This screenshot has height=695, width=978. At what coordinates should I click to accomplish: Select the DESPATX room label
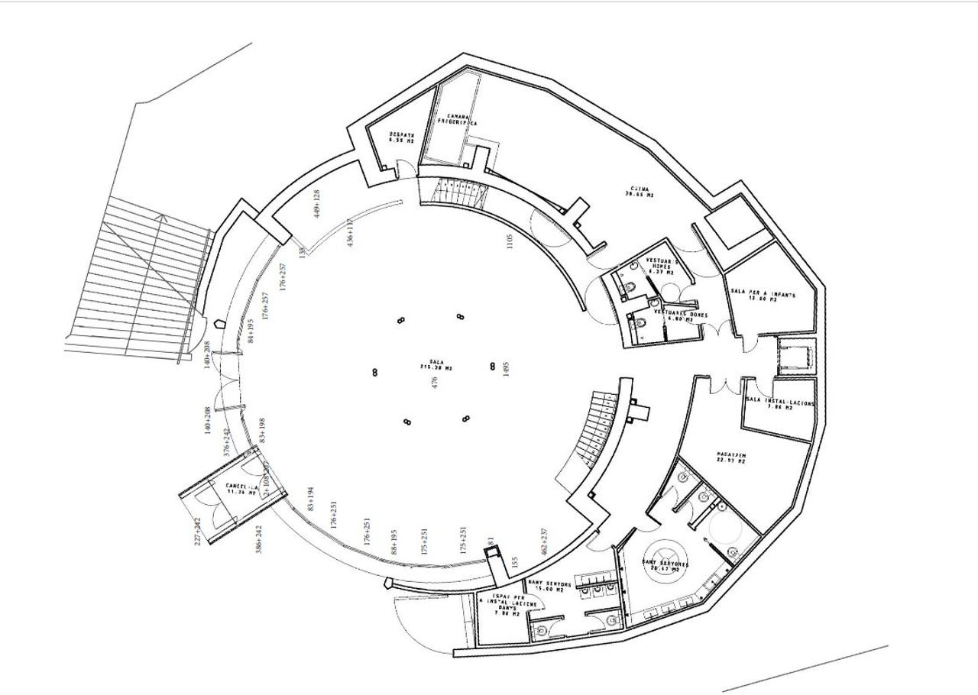400,138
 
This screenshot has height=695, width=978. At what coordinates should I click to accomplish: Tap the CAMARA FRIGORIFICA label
458,119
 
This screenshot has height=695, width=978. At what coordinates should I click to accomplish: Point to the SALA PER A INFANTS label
764,296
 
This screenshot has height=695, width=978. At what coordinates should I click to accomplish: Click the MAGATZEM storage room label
730,457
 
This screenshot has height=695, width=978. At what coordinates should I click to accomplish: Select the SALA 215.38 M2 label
436,365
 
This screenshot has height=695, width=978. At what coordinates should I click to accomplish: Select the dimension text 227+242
197,532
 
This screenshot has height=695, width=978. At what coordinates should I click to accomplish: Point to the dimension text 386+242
258,540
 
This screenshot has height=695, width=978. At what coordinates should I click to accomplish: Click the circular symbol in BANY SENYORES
662,554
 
